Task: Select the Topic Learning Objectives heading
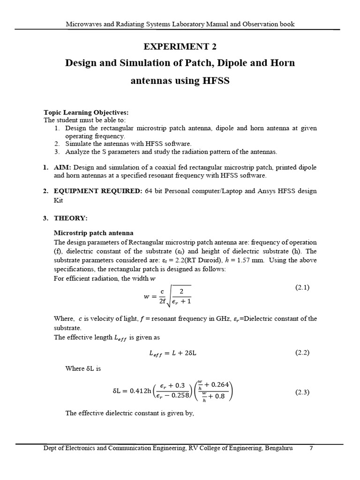click(x=86, y=112)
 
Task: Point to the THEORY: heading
click(x=70, y=218)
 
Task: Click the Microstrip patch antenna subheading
click(x=94, y=233)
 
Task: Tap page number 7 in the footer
click(x=311, y=448)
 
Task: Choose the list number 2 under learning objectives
click(x=56, y=144)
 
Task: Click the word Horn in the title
click(x=283, y=63)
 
